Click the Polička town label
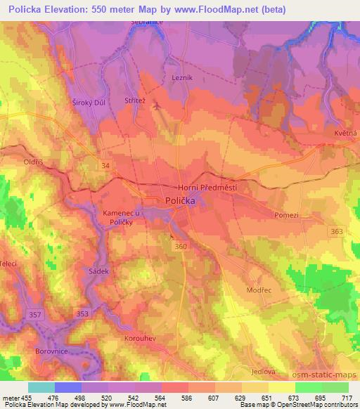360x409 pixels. pyautogui.click(x=179, y=200)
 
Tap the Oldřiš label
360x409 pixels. pyautogui.click(x=34, y=162)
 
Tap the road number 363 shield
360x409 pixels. pyautogui.click(x=337, y=231)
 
